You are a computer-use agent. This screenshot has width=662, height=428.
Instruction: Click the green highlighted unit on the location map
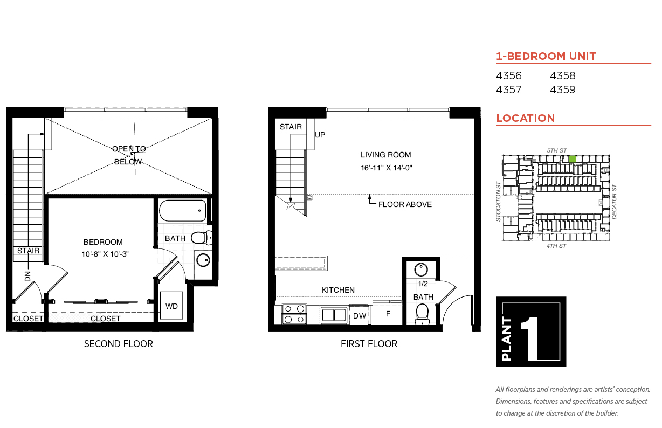pyautogui.click(x=572, y=159)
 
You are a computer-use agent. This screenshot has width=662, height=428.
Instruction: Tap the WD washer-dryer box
pyautogui.click(x=171, y=306)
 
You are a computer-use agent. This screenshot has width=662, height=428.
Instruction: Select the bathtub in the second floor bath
pyautogui.click(x=183, y=210)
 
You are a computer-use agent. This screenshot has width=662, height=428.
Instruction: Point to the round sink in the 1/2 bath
pyautogui.click(x=421, y=270)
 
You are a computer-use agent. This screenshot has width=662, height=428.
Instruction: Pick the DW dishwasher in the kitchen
pyautogui.click(x=360, y=315)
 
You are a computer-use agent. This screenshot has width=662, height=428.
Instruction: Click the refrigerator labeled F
pyautogui.click(x=388, y=313)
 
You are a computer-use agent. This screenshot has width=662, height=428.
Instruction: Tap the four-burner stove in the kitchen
pyautogui.click(x=294, y=314)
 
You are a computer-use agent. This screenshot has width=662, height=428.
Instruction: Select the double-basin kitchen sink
pyautogui.click(x=334, y=315)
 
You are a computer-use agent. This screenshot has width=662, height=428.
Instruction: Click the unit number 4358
pyautogui.click(x=562, y=75)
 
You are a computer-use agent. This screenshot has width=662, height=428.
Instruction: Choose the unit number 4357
pyautogui.click(x=508, y=89)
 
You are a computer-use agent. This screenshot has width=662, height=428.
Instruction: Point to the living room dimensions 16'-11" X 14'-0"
pyautogui.click(x=387, y=168)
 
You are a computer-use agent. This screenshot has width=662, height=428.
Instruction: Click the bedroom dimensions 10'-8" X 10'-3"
pyautogui.click(x=105, y=254)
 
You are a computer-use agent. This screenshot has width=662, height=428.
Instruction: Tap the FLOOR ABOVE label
pyautogui.click(x=405, y=204)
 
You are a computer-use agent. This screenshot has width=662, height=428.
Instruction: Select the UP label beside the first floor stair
pyautogui.click(x=320, y=135)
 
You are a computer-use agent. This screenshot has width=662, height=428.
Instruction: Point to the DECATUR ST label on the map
pyautogui.click(x=614, y=202)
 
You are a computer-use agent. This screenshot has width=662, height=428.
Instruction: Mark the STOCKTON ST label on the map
pyautogui.click(x=499, y=202)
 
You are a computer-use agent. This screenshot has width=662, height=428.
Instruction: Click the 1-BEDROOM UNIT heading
pyautogui.click(x=546, y=56)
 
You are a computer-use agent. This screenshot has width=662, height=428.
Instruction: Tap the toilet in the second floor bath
pyautogui.click(x=202, y=238)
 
